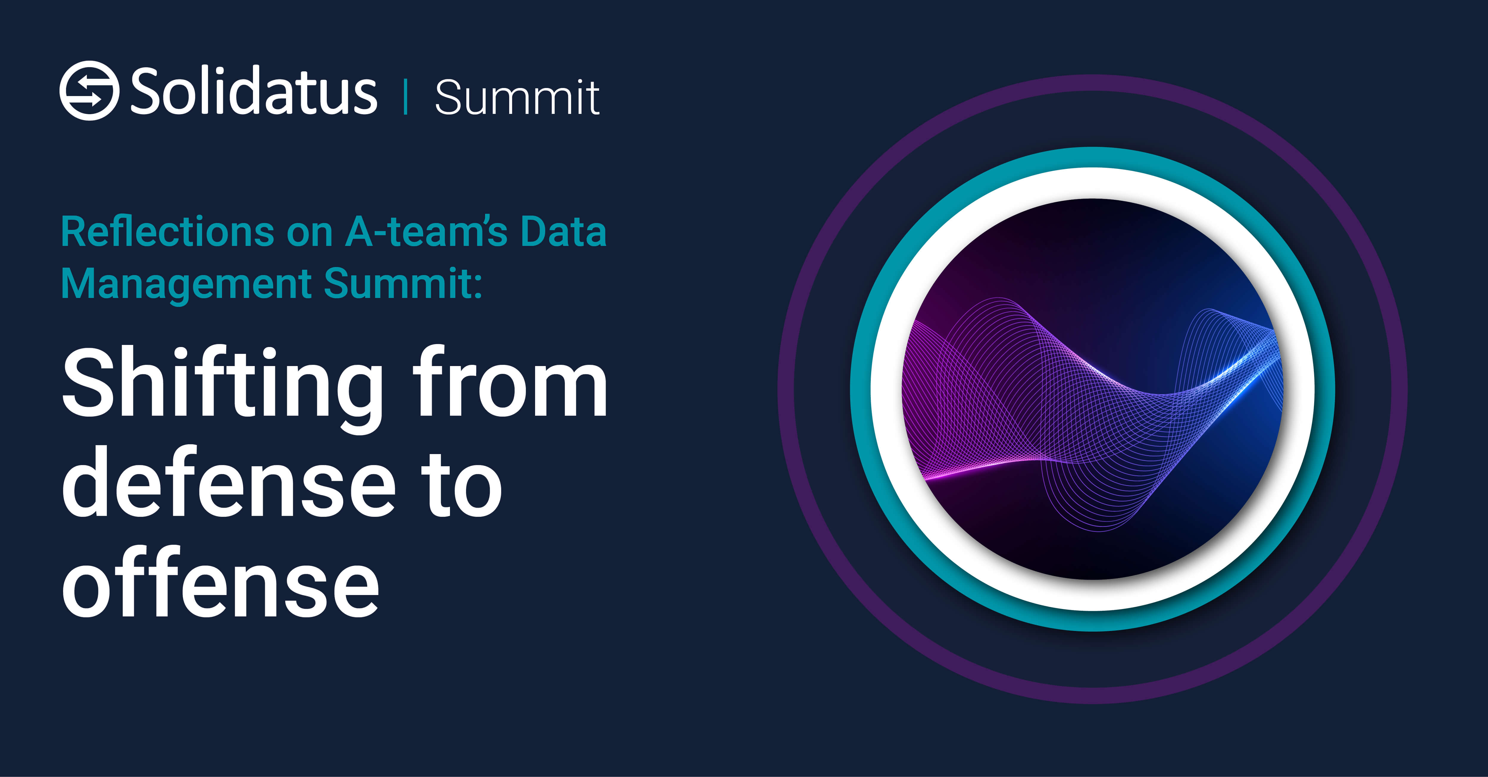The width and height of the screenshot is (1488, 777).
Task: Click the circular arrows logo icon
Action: pyautogui.click(x=90, y=91)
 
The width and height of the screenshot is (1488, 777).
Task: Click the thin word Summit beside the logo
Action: pyautogui.click(x=517, y=97)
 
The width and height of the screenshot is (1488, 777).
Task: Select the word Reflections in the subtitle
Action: pyautogui.click(x=168, y=231)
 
